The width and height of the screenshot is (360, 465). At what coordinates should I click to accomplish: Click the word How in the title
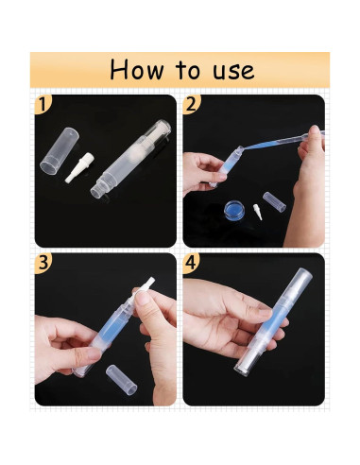click(x=137, y=70)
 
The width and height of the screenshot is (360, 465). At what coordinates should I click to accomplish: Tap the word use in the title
click(x=233, y=71)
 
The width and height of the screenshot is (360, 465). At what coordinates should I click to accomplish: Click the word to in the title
click(x=188, y=70)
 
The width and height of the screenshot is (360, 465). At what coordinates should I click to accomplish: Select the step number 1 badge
click(x=43, y=104)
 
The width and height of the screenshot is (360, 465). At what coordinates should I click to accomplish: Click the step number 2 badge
click(x=191, y=104)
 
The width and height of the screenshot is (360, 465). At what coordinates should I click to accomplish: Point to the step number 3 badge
click(x=43, y=263)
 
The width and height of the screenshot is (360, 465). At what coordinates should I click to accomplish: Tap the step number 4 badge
click(x=191, y=263)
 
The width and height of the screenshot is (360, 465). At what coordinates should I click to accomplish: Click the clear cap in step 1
click(x=60, y=150)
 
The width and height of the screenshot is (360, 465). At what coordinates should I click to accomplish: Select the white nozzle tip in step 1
click(x=79, y=167)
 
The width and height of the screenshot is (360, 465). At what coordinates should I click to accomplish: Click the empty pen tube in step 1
click(x=130, y=158)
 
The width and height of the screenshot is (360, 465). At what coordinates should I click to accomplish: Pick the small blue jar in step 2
click(x=234, y=211)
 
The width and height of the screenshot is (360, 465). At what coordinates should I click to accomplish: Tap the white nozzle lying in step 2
click(x=258, y=212)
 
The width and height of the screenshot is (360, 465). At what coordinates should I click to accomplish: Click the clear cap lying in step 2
click(x=274, y=202)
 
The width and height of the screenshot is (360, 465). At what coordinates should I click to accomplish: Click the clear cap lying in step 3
click(x=122, y=380)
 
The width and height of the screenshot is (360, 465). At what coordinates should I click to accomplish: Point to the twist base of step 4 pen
click(x=247, y=359)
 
